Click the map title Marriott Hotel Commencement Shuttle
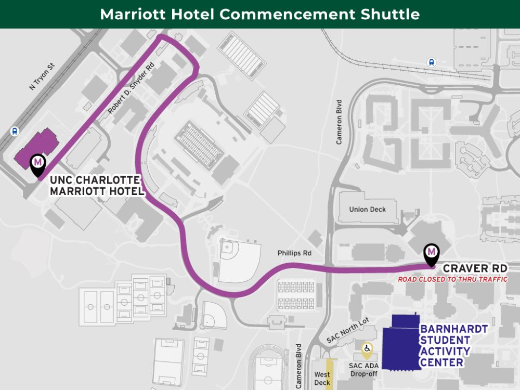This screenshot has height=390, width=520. (259, 14)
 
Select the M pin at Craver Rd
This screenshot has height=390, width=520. (431, 253)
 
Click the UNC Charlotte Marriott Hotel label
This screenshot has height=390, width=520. (96, 186)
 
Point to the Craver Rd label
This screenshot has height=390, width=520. (474, 268)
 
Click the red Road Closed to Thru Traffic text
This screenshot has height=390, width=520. (452, 279)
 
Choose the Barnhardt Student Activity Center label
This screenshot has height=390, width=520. (454, 346)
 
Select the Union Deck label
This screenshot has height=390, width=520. (368, 210)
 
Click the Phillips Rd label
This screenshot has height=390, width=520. (294, 253)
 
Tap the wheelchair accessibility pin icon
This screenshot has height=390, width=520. (367, 349)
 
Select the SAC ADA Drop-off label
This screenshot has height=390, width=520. (364, 370)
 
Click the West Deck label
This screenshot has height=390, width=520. (322, 379)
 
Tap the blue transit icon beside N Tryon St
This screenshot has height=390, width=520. (15, 132)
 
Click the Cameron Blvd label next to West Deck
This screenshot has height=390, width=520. (299, 365)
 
